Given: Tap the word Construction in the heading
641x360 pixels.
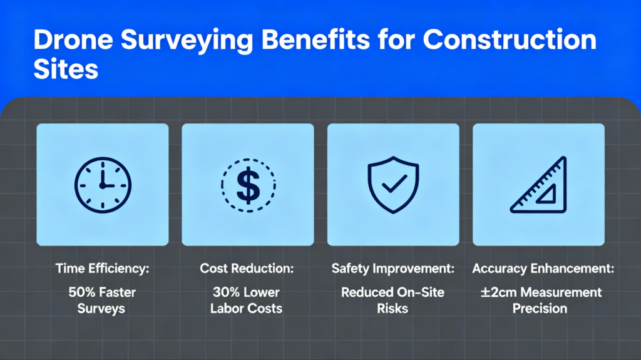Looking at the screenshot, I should [x=509, y=41].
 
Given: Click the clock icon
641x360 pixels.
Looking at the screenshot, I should [x=103, y=184].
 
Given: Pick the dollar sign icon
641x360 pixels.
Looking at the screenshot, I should [x=248, y=184].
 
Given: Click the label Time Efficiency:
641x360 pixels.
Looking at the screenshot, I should [x=102, y=269].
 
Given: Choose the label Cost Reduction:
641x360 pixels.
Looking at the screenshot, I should [x=248, y=269].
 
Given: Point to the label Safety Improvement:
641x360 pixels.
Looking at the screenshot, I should [x=393, y=269].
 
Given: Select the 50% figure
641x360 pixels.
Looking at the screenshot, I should [x=81, y=292].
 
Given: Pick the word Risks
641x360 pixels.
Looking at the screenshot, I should [x=393, y=308].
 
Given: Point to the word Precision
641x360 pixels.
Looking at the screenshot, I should [x=539, y=308].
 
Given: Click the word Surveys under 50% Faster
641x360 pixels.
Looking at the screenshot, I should [x=102, y=308].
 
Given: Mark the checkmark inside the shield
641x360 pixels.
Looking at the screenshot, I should [x=394, y=183].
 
